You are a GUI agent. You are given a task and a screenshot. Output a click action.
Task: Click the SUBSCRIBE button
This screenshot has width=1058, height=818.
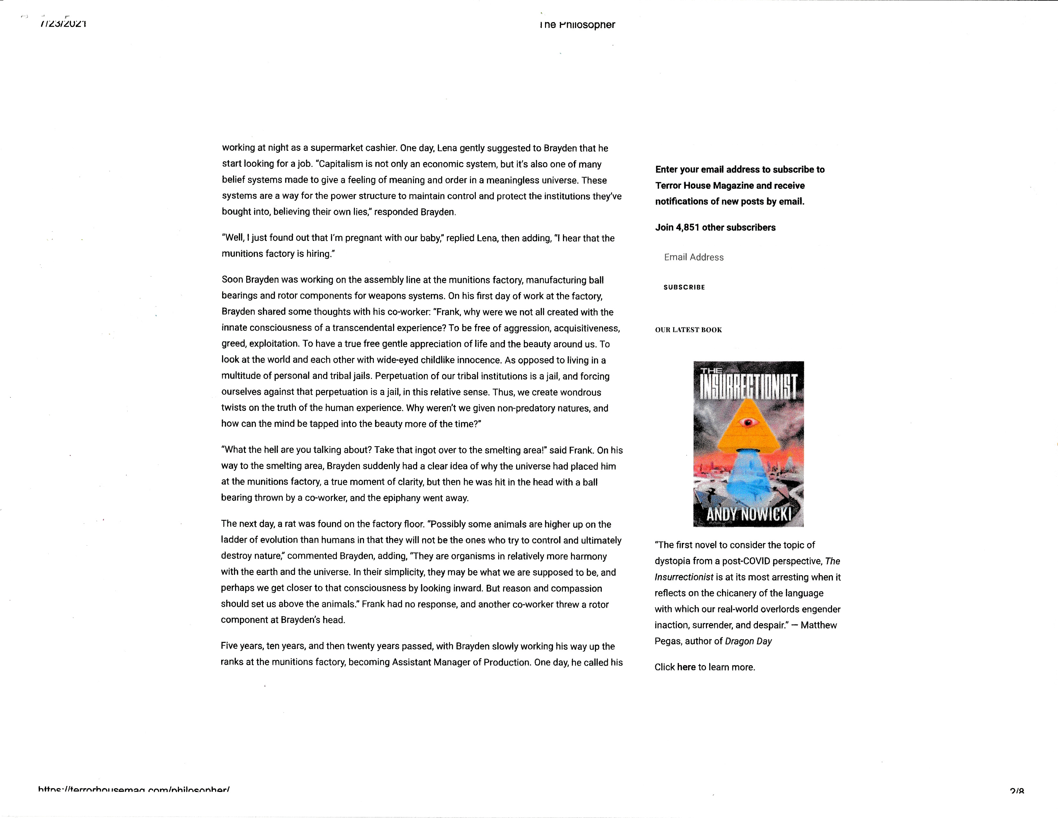point(684,287)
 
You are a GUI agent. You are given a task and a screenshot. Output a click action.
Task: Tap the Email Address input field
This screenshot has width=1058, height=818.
point(694,257)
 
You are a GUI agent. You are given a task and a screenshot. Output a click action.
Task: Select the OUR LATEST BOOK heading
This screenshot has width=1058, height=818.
point(688,330)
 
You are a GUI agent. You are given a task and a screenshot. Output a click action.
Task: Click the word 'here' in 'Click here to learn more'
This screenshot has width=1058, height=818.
point(686,667)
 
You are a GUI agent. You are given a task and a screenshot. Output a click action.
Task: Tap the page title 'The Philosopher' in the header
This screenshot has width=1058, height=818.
point(577,25)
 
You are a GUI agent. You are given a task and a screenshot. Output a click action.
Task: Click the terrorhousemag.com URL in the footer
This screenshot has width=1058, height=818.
point(133,790)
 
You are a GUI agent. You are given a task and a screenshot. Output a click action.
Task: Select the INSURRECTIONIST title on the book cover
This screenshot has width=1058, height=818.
point(748,388)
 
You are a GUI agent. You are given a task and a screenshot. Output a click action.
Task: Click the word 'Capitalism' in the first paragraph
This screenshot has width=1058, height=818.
point(341,164)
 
